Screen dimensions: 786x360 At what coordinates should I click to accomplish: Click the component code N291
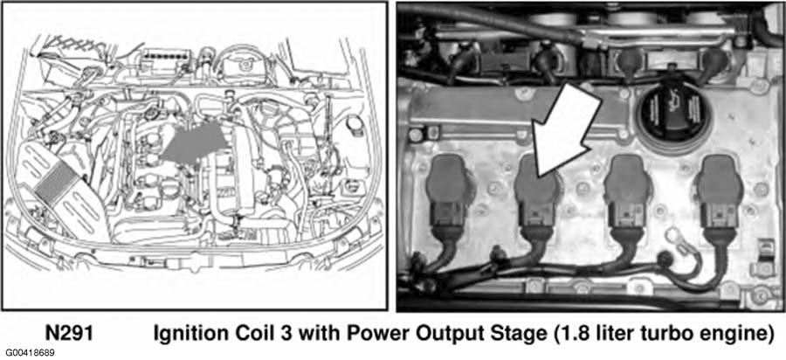tap(69, 333)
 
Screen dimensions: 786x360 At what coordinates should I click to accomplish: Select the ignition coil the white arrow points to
tap(538, 196)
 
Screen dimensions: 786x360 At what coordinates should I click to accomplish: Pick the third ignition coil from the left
tap(627, 195)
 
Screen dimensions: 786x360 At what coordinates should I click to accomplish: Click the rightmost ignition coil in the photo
tap(720, 195)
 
